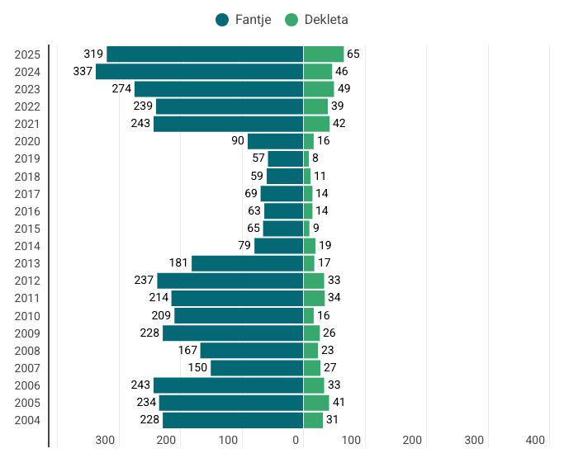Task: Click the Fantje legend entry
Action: tap(244, 20)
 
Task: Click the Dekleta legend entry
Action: tap(317, 20)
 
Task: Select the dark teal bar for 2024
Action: tap(199, 72)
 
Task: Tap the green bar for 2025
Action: tap(323, 54)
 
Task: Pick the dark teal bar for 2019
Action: tap(285, 158)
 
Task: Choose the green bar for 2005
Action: tap(316, 403)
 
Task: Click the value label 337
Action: tap(83, 72)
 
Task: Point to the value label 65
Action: tap(353, 54)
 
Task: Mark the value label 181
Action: tap(178, 263)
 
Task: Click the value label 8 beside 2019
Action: tap(315, 158)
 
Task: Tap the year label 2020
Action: tap(27, 141)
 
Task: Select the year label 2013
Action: tap(27, 263)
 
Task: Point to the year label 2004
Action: tap(27, 420)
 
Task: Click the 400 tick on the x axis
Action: tap(535, 440)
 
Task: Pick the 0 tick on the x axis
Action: tap(296, 440)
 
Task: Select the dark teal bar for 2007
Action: tap(257, 368)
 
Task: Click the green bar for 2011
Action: tap(314, 298)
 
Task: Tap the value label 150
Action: tap(197, 368)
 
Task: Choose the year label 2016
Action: tap(27, 211)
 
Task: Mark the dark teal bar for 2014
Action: tap(278, 246)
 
